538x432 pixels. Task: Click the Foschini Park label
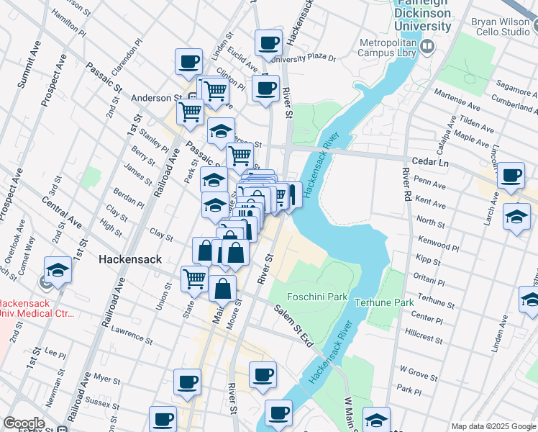(x=317, y=297)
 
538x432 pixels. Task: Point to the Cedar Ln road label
(x=431, y=163)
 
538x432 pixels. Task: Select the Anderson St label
(x=155, y=98)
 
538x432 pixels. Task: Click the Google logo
(x=24, y=423)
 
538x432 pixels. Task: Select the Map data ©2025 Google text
(x=493, y=426)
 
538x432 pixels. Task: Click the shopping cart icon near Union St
(x=194, y=279)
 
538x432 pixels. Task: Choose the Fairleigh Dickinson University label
(x=424, y=17)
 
